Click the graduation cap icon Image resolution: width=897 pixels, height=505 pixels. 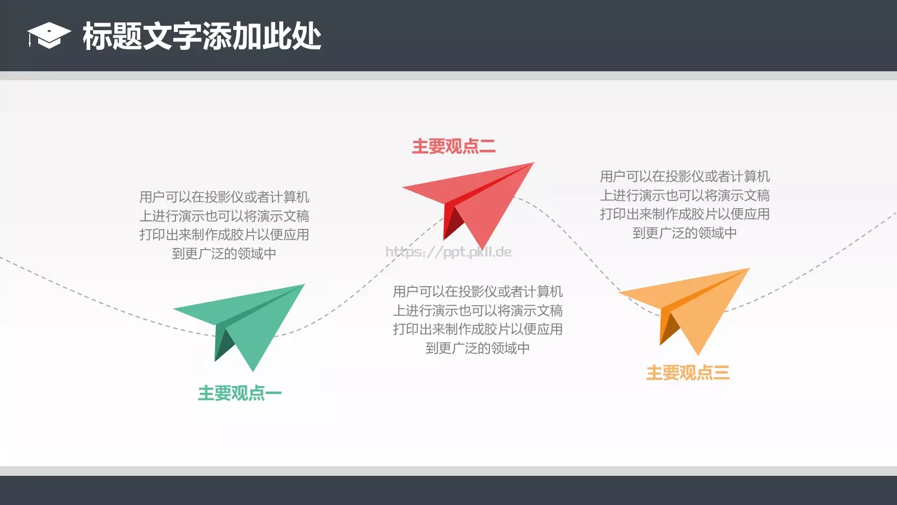click(x=49, y=35)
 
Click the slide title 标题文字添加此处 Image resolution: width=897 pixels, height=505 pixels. click(x=202, y=36)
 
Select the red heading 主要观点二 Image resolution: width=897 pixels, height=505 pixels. click(x=454, y=146)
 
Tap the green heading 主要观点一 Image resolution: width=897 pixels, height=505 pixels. click(x=239, y=393)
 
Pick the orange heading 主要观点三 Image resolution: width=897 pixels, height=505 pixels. click(x=687, y=373)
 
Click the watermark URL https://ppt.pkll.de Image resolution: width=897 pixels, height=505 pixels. click(x=449, y=252)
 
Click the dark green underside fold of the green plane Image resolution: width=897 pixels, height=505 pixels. click(x=223, y=345)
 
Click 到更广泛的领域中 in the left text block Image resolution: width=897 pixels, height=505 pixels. click(x=224, y=254)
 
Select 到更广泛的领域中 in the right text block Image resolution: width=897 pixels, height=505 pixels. click(x=685, y=233)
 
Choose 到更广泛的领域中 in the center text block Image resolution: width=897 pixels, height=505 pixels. click(x=477, y=348)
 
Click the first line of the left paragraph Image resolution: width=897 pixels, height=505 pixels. click(x=224, y=197)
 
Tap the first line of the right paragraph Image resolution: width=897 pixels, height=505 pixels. click(x=685, y=176)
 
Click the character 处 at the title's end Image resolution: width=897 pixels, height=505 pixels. click(x=307, y=36)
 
